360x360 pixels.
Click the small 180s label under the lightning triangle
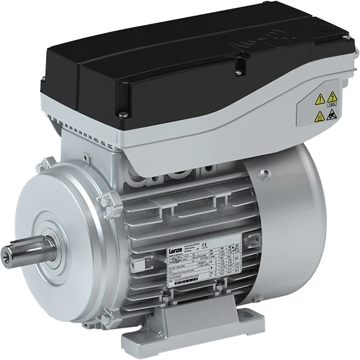pos(332,104)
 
